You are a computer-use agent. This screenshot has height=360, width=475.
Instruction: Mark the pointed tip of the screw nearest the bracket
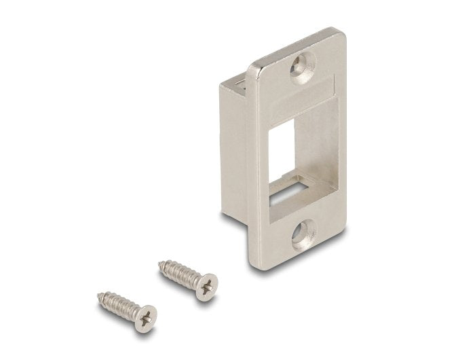click(161, 261)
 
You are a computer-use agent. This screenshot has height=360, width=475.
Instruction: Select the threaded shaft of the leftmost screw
click(118, 305)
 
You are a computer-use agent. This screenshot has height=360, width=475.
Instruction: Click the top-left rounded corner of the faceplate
click(252, 68)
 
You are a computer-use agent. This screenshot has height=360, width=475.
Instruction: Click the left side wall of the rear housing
click(234, 149)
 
